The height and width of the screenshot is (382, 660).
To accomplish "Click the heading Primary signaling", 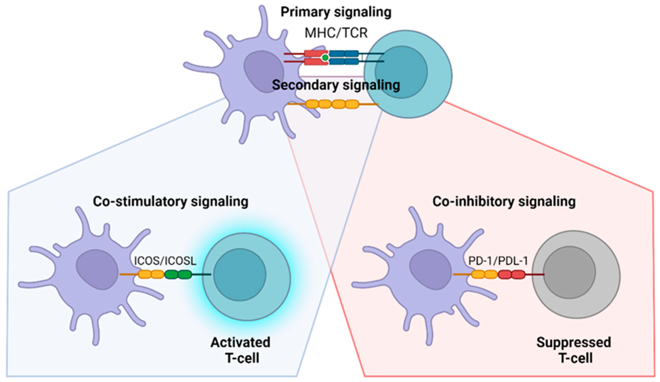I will pyautogui.click(x=336, y=12).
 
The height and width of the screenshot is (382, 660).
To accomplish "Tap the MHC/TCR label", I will pyautogui.click(x=336, y=33).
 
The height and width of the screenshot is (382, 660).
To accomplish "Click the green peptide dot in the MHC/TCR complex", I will pyautogui.click(x=325, y=57).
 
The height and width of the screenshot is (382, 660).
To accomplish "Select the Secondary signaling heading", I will pyautogui.click(x=336, y=85).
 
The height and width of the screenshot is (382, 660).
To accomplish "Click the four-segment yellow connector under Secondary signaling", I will pyautogui.click(x=332, y=104).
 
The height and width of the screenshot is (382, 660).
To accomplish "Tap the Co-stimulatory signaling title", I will pyautogui.click(x=170, y=202).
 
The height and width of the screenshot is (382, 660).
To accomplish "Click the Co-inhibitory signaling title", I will pyautogui.click(x=504, y=202).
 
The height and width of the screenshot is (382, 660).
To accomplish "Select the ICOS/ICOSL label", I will pyautogui.click(x=165, y=261).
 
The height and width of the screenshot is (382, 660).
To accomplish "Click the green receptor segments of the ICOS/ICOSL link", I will pyautogui.click(x=178, y=274).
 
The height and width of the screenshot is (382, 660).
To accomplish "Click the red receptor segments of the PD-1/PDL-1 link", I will pyautogui.click(x=511, y=274).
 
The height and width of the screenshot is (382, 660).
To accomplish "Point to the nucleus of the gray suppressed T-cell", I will pyautogui.click(x=569, y=272).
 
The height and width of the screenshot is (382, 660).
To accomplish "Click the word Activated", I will pyautogui.click(x=240, y=342).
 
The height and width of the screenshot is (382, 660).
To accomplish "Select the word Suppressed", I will pyautogui.click(x=574, y=342).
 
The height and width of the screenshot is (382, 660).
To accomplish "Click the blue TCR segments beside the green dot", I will pyautogui.click(x=344, y=57).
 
